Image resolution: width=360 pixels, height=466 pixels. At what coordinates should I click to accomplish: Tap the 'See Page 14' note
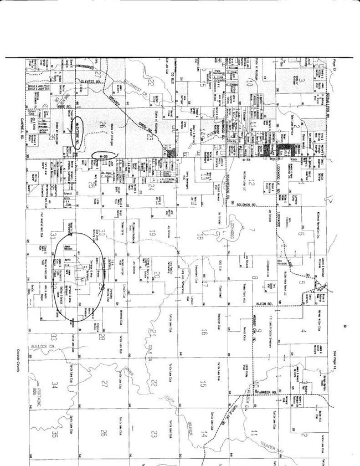click(x=336, y=355)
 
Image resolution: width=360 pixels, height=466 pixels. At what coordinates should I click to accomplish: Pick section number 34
click(x=54, y=385)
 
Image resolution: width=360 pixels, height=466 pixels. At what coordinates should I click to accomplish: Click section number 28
click(x=102, y=337)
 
